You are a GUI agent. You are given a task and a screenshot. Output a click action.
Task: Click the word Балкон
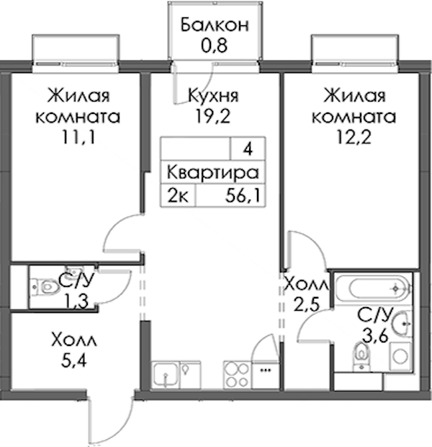(x=215, y=25)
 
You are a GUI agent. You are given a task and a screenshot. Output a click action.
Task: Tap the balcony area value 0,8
(x=214, y=45)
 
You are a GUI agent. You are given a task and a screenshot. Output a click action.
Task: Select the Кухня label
(x=213, y=96)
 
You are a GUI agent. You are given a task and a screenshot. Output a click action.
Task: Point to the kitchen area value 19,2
(x=212, y=116)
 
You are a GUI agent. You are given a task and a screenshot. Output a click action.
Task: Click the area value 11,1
(x=78, y=137)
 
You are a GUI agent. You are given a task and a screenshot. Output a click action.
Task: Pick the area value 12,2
(x=354, y=137)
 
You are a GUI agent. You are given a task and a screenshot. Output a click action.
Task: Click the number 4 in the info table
(x=248, y=149)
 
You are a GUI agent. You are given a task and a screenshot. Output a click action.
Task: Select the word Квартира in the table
(x=212, y=173)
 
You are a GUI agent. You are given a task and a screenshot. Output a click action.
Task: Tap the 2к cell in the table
(x=178, y=196)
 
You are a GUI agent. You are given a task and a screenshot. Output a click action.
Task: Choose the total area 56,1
(x=243, y=196)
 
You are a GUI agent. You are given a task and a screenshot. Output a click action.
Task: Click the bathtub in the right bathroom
(x=374, y=288)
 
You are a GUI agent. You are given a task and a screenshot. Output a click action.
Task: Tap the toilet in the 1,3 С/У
(x=47, y=286)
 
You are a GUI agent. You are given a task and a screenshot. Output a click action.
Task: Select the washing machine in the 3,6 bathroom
(x=400, y=356)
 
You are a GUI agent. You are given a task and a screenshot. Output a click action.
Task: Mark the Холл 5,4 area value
(x=73, y=360)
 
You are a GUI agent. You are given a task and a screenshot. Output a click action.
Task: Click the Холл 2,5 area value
(x=306, y=304)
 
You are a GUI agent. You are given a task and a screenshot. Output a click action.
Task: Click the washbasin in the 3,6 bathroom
(x=402, y=324)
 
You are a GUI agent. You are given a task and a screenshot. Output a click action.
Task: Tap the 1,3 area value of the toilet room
(x=77, y=301)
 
